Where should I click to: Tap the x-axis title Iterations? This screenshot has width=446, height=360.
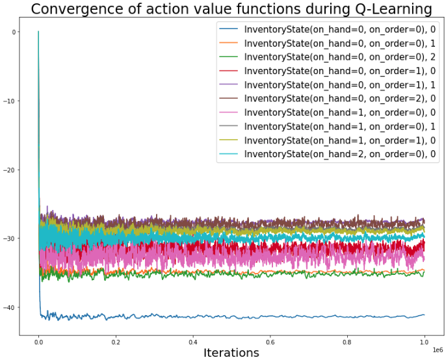[x=231, y=353]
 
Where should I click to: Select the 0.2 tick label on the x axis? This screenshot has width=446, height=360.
[x=116, y=341]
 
